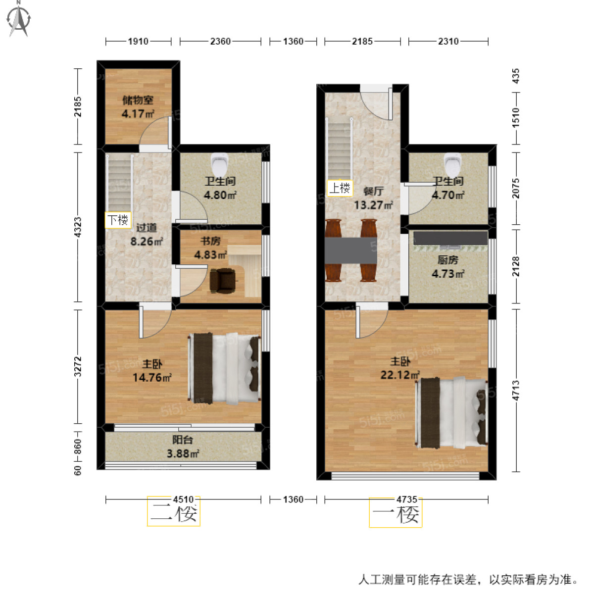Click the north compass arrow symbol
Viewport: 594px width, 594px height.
click(x=19, y=18)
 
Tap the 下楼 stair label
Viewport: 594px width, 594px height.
click(x=118, y=220)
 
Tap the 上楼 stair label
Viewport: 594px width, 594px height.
click(x=340, y=188)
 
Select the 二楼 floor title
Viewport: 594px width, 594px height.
click(x=174, y=513)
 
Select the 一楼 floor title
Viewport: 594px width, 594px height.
click(x=396, y=514)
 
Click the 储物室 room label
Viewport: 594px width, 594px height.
click(x=138, y=100)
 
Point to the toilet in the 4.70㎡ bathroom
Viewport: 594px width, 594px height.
click(x=452, y=162)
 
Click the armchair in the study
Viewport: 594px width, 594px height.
click(x=224, y=279)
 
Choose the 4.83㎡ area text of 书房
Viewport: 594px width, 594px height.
click(x=210, y=255)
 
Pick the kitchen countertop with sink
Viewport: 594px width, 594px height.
click(x=450, y=238)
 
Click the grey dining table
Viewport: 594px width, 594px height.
click(x=351, y=250)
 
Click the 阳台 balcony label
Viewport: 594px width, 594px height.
click(x=183, y=440)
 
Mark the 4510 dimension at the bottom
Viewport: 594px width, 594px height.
click(x=183, y=499)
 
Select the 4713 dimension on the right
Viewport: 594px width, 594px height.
click(x=516, y=390)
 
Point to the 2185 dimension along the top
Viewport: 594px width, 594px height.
click(x=362, y=42)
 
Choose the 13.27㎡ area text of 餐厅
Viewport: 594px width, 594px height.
click(x=373, y=205)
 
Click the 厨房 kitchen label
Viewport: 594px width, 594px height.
click(x=447, y=260)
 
